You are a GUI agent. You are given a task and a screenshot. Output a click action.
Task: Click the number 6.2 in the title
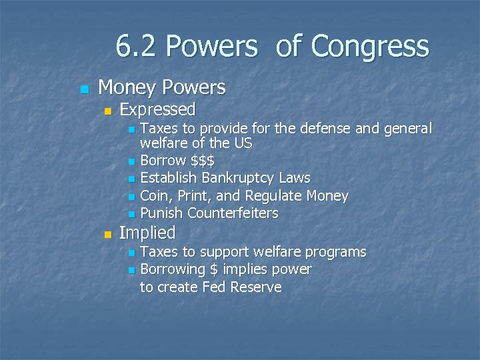click(136, 47)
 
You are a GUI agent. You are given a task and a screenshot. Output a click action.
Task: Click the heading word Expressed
click(157, 109)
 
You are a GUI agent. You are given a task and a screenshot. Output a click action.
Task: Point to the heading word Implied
click(147, 233)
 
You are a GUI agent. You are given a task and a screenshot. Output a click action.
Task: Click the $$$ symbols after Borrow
click(203, 161)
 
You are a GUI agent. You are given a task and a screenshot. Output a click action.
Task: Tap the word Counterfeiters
click(233, 213)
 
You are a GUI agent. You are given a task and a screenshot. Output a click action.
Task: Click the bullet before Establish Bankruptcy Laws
click(131, 179)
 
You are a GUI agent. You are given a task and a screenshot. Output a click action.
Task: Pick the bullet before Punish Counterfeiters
click(131, 214)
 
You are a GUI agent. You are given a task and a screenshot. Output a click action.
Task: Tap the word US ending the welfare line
click(243, 143)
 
